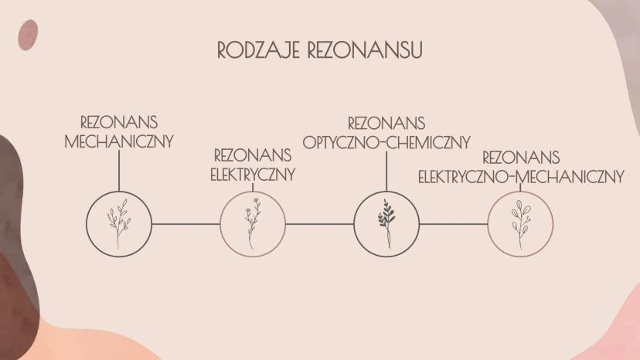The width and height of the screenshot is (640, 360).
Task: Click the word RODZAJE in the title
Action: [x=258, y=50]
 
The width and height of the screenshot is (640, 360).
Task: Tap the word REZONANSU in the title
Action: [x=365, y=50]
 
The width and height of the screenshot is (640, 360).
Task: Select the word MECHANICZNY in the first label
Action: [x=119, y=141]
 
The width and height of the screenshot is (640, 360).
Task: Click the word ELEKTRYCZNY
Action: [x=253, y=175]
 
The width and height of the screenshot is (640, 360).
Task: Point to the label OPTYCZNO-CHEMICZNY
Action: [x=386, y=142]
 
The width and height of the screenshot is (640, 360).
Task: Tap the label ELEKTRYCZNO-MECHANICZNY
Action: [x=521, y=177]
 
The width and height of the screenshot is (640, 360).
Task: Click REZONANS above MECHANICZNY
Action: [x=119, y=122]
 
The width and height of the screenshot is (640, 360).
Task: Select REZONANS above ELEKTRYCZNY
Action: [x=253, y=155]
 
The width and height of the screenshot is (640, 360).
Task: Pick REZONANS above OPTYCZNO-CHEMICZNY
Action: [x=386, y=123]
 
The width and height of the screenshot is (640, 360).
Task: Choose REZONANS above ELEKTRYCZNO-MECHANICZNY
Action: [x=521, y=158]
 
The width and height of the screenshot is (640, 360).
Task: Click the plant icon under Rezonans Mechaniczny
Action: [x=119, y=224]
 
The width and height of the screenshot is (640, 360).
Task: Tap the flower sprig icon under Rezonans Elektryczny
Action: [x=253, y=224]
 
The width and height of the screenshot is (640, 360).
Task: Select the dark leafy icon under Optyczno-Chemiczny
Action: [x=386, y=224]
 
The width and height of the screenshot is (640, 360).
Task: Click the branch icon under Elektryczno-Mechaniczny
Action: [x=520, y=225]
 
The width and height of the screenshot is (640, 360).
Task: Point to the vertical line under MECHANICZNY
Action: [x=119, y=171]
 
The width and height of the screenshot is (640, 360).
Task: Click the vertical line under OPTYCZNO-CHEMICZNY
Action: [x=386, y=171]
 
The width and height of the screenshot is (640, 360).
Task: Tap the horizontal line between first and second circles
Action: [x=186, y=224]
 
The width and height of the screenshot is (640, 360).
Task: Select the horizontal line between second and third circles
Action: [x=319, y=224]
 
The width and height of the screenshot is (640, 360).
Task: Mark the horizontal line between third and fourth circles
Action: [x=454, y=224]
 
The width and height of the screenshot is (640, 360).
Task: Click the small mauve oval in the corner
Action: [x=28, y=35]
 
